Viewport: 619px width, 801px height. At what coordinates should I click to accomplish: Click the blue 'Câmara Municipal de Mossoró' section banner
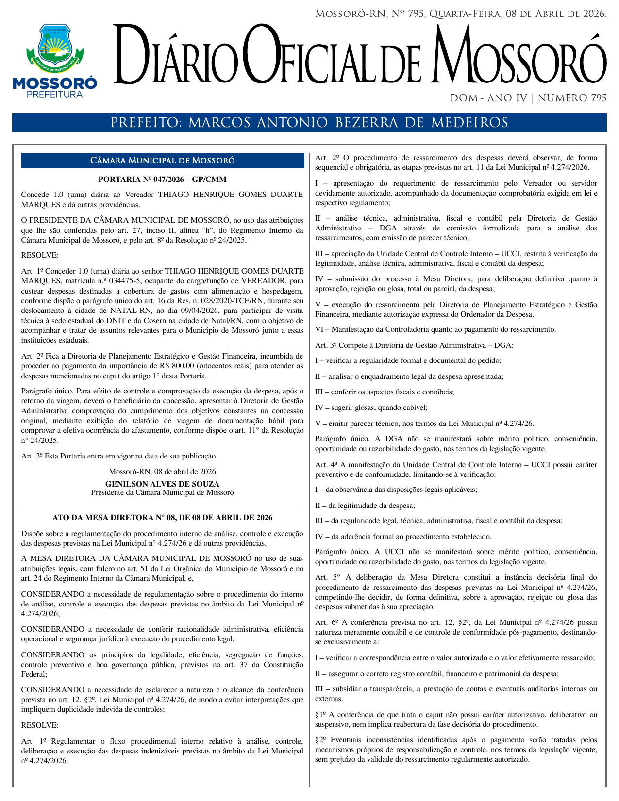tap(163, 161)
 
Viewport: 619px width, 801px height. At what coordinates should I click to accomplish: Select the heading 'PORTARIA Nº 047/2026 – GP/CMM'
tap(163, 180)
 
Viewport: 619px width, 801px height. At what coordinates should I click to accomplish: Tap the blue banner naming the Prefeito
tap(309, 123)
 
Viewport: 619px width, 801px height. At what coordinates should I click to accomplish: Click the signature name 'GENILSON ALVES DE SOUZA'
tap(163, 484)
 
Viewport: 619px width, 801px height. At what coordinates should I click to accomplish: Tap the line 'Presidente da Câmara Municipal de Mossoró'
tap(163, 492)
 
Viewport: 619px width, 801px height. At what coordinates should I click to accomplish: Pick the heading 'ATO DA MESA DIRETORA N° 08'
tap(163, 518)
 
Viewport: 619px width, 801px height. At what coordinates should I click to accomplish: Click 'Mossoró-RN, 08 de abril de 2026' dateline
tap(163, 472)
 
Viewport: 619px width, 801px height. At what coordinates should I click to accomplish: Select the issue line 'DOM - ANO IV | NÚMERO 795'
tap(528, 98)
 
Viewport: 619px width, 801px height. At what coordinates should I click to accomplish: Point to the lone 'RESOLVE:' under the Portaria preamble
tap(40, 255)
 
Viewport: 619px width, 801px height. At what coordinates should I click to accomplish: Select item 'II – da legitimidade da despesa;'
tap(365, 506)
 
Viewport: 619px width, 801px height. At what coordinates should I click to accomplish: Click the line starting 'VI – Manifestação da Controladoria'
tap(435, 330)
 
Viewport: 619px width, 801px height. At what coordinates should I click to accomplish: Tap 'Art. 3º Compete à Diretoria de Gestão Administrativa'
tap(414, 345)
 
